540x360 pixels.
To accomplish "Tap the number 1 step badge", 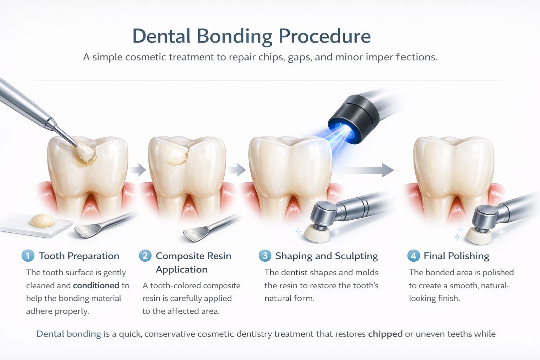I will pos(28,256).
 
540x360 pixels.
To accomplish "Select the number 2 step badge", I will pos(145,256).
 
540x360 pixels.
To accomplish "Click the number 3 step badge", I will pos(265,256).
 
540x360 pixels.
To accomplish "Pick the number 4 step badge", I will pos(413,256).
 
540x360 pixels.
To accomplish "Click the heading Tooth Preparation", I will pos(79,256).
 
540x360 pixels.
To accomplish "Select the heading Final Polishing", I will pos(456,256).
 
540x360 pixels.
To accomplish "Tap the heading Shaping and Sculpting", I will pos(326,256).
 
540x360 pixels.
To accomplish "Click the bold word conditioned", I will pos(96,285).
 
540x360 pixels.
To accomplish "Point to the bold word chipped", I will pos(385,334).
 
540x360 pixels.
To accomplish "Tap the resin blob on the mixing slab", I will pos(42,220).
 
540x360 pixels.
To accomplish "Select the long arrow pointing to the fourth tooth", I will pos(366,170).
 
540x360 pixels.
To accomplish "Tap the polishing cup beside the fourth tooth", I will pos(478,237).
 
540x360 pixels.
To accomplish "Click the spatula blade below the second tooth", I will pos(196,234).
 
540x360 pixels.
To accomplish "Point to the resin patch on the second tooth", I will pos(177,157).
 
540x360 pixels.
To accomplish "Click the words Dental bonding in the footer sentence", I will pos(69,334).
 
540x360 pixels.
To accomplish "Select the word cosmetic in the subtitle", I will pos(146,57).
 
